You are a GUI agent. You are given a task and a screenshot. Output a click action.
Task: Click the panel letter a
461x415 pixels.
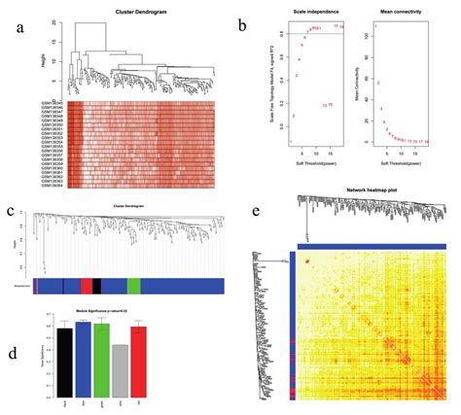pyautogui.click(x=19, y=28)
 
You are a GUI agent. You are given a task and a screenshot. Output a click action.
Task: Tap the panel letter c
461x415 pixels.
pyautogui.click(x=11, y=210)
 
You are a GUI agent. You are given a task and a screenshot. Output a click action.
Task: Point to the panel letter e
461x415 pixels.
pyautogui.click(x=256, y=210)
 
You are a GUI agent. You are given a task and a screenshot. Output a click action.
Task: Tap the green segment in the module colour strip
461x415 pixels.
pyautogui.click(x=133, y=285)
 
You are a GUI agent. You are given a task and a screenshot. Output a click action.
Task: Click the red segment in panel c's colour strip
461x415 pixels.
pyautogui.click(x=87, y=285)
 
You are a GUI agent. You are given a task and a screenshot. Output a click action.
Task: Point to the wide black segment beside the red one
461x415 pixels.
pyautogui.click(x=97, y=285)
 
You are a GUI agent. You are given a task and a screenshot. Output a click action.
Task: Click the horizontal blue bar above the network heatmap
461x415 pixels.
pyautogui.click(x=371, y=247)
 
